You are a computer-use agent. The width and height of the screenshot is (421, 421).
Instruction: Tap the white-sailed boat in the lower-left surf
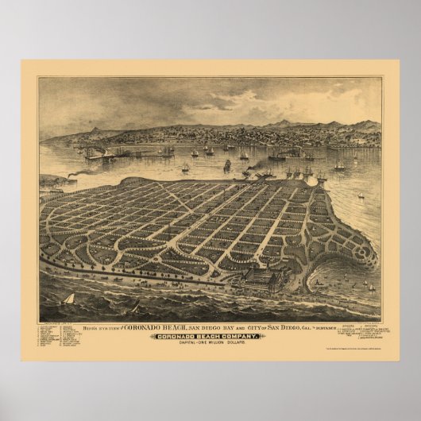(x=68, y=300)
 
